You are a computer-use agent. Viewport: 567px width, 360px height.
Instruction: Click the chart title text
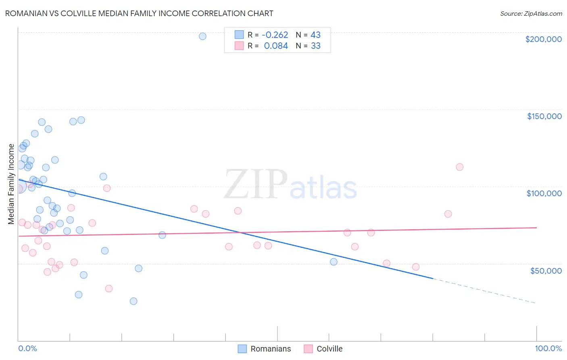[139, 14]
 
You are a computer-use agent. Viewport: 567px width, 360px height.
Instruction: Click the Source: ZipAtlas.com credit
[531, 14]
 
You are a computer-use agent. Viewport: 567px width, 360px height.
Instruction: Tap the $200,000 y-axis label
[543, 39]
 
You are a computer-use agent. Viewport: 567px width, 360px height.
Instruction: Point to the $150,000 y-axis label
[544, 116]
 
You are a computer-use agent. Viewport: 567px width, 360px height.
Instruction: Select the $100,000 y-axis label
[544, 193]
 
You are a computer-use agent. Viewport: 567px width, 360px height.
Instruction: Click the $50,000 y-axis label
[546, 270]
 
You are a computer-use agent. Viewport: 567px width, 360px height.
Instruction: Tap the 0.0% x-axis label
[27, 348]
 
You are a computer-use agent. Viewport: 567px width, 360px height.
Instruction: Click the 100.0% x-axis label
[548, 348]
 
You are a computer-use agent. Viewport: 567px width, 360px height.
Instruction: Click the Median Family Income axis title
[11, 184]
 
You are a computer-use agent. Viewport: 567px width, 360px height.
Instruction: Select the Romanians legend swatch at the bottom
[242, 349]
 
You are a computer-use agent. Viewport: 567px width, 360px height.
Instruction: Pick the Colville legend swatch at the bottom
[308, 349]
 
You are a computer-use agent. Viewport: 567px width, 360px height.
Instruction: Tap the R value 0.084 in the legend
[276, 46]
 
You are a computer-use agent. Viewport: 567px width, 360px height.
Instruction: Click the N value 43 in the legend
[315, 35]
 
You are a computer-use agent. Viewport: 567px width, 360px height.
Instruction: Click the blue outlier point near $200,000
[202, 36]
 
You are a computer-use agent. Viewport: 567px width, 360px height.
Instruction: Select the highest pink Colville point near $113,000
[459, 167]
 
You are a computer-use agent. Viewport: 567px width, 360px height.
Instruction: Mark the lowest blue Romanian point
[133, 301]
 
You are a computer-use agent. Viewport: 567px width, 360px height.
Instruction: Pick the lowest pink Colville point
[108, 289]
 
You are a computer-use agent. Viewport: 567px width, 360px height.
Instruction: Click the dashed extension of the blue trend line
[484, 291]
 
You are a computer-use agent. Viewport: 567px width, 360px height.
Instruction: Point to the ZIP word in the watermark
[256, 184]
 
